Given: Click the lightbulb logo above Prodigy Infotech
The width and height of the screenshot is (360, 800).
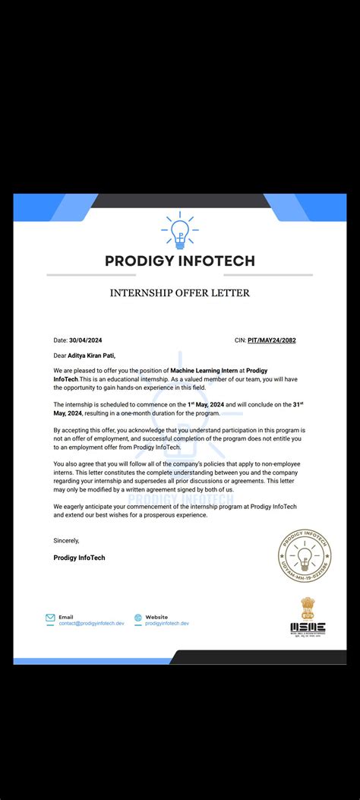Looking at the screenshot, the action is (x=179, y=232).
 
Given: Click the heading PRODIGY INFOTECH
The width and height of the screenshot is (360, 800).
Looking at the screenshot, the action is (x=179, y=261).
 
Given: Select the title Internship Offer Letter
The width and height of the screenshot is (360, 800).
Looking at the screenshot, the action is (x=179, y=292).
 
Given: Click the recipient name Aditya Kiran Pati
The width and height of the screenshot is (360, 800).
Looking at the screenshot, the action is (x=92, y=355).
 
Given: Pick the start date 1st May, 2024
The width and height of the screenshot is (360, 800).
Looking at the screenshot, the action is (x=207, y=404).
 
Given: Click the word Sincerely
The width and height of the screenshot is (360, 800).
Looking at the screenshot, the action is (x=66, y=541).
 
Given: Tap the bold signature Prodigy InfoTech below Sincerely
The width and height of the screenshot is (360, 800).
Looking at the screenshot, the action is (x=79, y=558).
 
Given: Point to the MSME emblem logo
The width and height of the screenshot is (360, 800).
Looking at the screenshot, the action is (x=308, y=616).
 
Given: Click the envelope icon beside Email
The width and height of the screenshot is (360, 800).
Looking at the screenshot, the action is (x=50, y=618).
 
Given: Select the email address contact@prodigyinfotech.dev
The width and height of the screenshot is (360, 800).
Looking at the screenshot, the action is (x=90, y=624).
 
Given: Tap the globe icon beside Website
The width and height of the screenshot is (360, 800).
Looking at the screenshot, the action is (x=138, y=618).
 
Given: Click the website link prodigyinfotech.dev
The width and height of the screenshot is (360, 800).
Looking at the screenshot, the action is (x=167, y=624).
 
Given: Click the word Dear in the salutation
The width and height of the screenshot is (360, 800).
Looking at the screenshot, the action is (x=60, y=355).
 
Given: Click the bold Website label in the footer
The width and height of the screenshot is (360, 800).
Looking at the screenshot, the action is (x=156, y=617).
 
